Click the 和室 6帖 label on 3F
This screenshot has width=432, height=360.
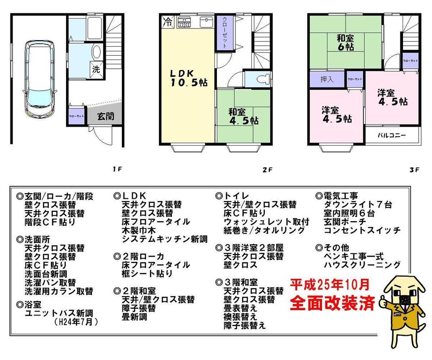click(346, 42)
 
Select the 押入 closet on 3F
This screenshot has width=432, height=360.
click(327, 80)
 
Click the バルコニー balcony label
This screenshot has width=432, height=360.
click(391, 135)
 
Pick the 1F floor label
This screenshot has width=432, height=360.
click(116, 169)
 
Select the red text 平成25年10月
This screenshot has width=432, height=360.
click(330, 284)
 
